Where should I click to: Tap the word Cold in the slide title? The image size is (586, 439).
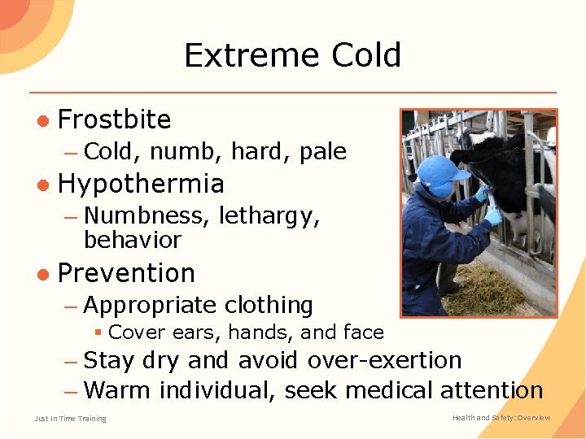point(365,55)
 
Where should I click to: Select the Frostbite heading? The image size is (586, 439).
point(115,120)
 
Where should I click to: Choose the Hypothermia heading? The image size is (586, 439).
point(141,184)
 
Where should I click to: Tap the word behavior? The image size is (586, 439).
point(132,241)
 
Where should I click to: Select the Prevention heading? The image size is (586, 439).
point(126,273)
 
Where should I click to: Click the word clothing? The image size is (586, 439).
point(269,306)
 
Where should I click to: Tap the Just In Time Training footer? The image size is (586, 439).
point(70,419)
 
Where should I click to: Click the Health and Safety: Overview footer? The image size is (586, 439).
point(501,418)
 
